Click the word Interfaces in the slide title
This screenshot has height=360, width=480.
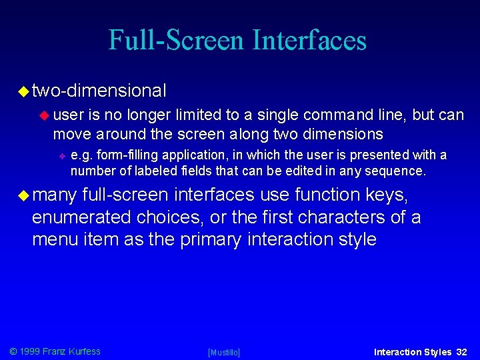point(309,40)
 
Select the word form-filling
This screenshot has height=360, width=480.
point(123,155)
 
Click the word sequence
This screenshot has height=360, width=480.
point(400,171)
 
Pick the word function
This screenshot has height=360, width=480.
point(329,195)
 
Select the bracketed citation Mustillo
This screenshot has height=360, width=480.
point(224,352)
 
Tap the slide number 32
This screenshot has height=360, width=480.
point(462,351)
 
